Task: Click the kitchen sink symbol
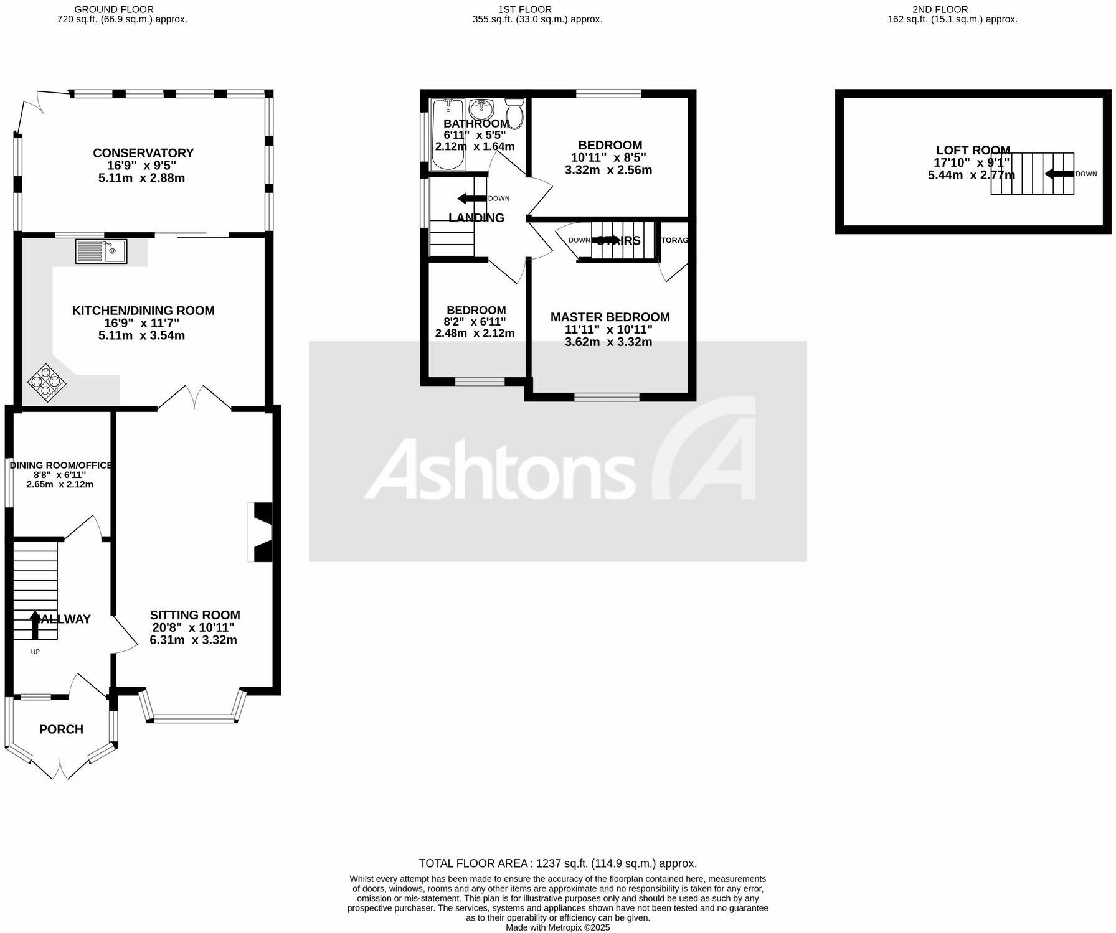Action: pos(101,251)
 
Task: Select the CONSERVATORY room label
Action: pos(143,153)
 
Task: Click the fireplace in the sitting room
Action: pos(260,532)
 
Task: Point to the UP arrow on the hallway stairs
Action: pos(35,625)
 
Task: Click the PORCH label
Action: pos(61,729)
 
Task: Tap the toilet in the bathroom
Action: pos(514,113)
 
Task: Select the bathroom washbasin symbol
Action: pos(481,110)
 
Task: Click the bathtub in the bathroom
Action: pos(447,134)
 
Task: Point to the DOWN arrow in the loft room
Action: pos(1059,174)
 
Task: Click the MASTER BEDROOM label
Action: pos(610,317)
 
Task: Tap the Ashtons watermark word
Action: pos(498,470)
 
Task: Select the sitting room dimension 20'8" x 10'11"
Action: pos(193,628)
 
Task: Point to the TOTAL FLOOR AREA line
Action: pos(557,863)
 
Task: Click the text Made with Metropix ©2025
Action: pos(557,927)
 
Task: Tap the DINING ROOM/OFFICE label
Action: pos(60,466)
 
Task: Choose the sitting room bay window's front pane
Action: pos(194,719)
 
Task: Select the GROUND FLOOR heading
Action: pos(114,9)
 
